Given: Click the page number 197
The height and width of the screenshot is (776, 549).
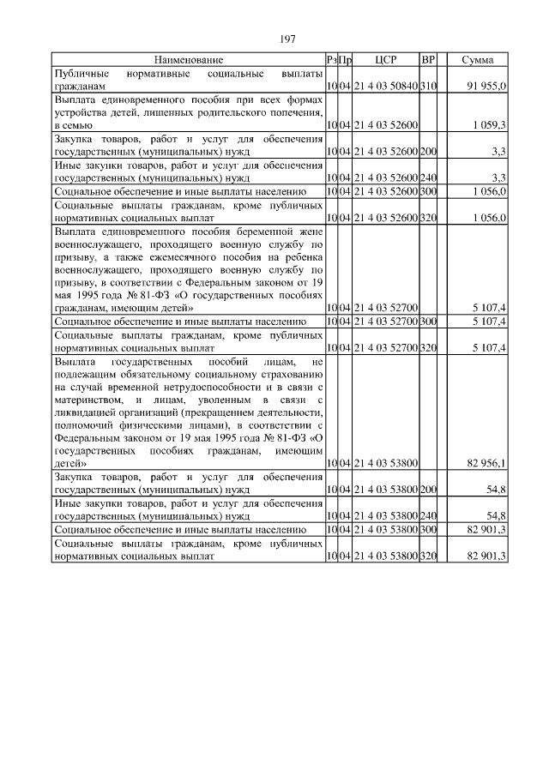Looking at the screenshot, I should [x=287, y=39].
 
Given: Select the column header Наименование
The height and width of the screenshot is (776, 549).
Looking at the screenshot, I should [x=189, y=60].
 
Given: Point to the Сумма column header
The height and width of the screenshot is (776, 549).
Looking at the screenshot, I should [x=477, y=60].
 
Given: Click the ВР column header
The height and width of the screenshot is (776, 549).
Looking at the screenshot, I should [x=429, y=60].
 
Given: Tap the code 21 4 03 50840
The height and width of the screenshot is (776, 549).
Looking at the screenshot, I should [x=385, y=87].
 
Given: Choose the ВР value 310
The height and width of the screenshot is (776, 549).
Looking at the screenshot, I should [x=429, y=87].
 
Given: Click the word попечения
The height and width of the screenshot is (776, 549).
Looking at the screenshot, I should [x=297, y=112].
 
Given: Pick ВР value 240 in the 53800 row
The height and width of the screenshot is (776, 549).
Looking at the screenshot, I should [x=429, y=517].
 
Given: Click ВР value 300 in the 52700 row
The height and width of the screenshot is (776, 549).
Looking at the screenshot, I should [x=429, y=321].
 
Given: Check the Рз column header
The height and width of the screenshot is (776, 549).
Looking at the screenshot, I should [x=331, y=60].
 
